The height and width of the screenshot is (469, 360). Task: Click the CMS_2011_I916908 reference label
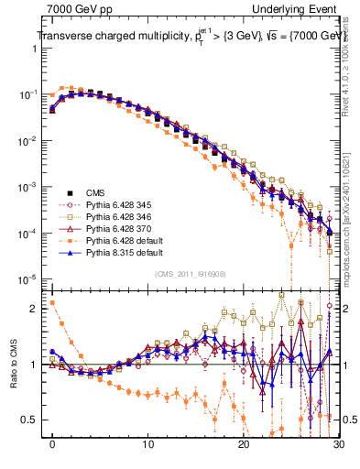pyautogui.click(x=191, y=275)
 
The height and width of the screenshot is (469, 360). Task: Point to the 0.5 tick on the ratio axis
pyautogui.click(x=33, y=420)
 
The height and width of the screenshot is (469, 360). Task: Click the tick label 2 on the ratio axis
pyautogui.click(x=38, y=308)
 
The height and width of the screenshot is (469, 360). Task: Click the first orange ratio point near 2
pyautogui.click(x=52, y=302)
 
